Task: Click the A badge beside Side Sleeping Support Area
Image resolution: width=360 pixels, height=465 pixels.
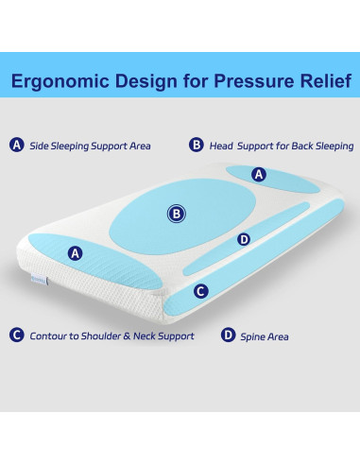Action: (16, 146)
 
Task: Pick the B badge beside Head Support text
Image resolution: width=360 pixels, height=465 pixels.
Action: (197, 146)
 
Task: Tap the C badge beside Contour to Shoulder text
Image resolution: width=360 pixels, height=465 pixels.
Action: (16, 336)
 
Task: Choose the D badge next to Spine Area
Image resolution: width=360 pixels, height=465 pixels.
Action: (228, 336)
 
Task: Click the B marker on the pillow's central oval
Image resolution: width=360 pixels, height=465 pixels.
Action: (176, 214)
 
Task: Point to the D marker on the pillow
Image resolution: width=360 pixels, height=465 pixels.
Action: (244, 239)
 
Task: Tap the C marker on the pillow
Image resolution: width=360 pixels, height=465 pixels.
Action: (200, 291)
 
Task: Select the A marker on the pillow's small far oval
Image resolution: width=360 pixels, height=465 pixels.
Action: (260, 175)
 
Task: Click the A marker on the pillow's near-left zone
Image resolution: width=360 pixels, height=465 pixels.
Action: (76, 252)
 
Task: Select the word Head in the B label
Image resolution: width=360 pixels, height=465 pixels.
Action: (222, 146)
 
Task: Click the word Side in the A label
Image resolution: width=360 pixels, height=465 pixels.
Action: (40, 146)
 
